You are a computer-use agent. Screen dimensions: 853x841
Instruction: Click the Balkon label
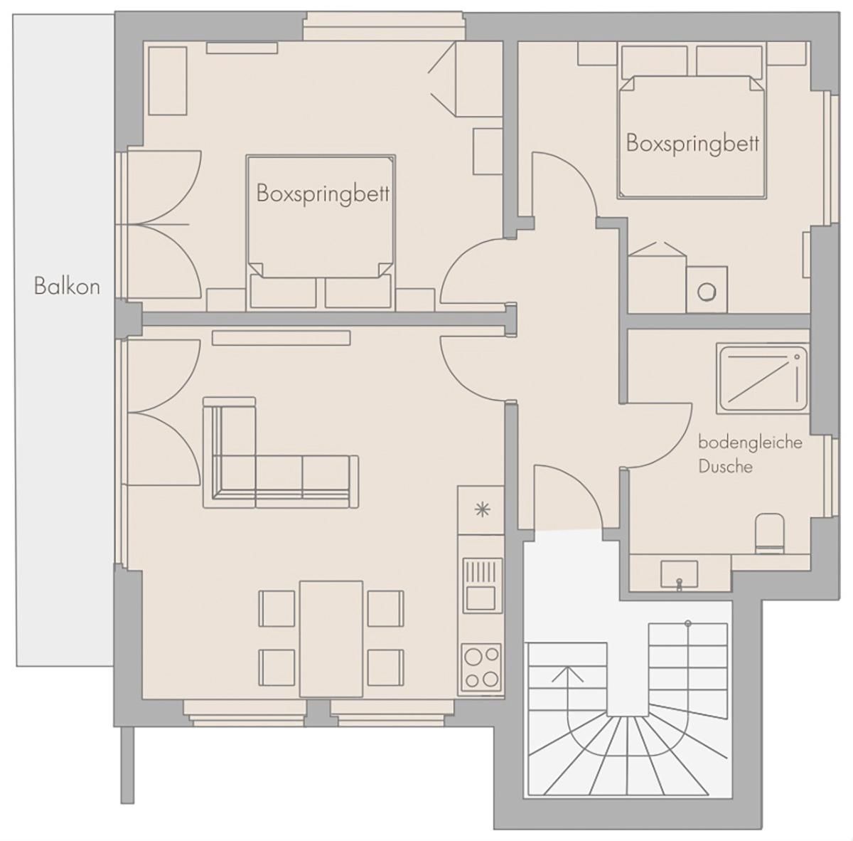[67, 286]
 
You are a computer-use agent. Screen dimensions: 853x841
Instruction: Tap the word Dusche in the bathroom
[725, 467]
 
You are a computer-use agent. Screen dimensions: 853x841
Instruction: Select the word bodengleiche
[751, 443]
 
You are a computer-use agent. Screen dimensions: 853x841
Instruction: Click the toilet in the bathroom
[769, 534]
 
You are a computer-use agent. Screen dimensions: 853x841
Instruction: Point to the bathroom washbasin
[680, 575]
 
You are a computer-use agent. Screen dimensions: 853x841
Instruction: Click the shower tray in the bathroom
[763, 379]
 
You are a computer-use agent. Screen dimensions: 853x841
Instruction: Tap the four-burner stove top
[481, 667]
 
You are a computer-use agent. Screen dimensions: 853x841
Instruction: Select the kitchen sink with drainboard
[483, 586]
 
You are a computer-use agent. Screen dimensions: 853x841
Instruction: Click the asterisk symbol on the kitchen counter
[482, 510]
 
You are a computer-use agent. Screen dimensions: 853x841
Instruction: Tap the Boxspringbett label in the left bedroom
[323, 194]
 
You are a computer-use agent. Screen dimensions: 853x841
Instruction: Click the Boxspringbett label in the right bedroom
[693, 144]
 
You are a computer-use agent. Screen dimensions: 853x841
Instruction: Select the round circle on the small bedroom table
[707, 292]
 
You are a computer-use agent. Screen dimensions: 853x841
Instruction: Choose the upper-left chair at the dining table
[277, 608]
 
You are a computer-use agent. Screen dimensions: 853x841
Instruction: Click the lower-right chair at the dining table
[385, 668]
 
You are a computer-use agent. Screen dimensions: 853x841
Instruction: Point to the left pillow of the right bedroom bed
[654, 61]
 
